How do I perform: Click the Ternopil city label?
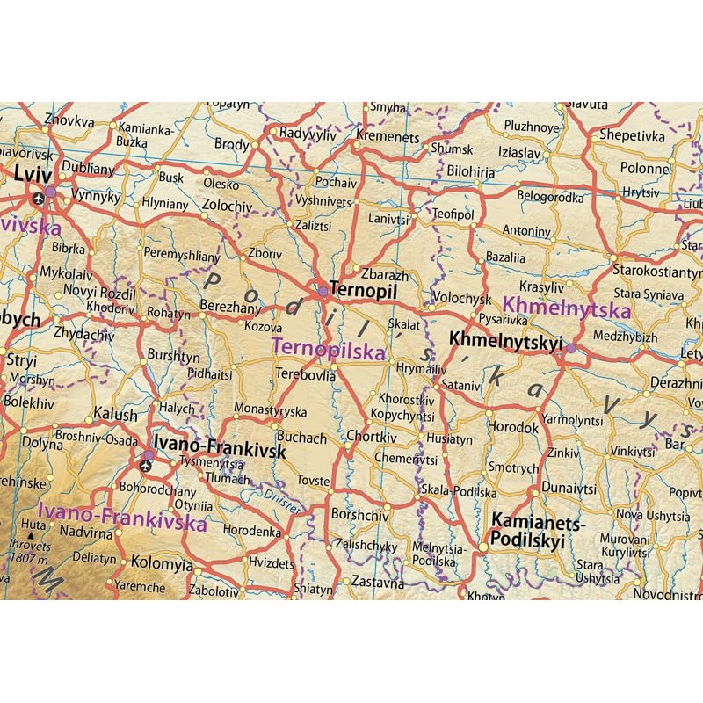[358, 287]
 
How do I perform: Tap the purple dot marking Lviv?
[51, 191]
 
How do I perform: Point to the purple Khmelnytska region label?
[569, 309]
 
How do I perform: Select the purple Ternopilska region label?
[330, 351]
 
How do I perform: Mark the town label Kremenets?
[387, 138]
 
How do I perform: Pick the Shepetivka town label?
[631, 135]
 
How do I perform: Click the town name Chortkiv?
[372, 438]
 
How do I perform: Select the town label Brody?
[232, 144]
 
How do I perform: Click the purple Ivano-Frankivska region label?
[122, 518]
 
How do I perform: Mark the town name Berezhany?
[230, 308]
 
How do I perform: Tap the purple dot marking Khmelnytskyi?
[571, 348]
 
